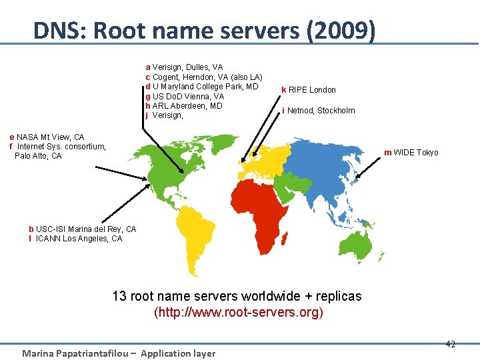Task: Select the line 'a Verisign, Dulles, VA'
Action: [x=184, y=67]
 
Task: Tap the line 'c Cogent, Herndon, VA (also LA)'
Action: [x=204, y=77]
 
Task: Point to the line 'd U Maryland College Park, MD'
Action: [x=201, y=87]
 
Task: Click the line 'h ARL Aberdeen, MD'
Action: [x=183, y=106]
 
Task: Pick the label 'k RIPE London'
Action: [x=309, y=90]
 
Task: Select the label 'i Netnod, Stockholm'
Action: [x=319, y=111]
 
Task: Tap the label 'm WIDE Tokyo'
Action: [x=411, y=153]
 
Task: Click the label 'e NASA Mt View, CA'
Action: [x=47, y=137]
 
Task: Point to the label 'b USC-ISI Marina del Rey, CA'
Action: [x=82, y=229]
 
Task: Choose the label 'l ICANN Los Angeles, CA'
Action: [x=75, y=239]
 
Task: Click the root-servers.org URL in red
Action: [x=238, y=312]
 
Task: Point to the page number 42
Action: [x=450, y=344]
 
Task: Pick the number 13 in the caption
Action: [x=119, y=296]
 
